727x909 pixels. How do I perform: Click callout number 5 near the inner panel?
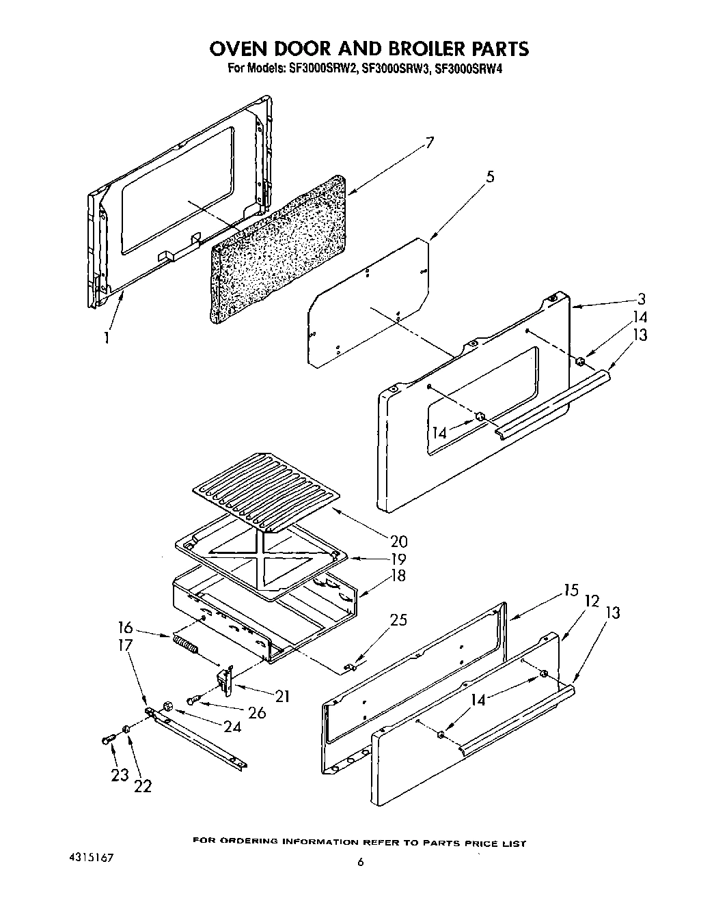[x=490, y=176]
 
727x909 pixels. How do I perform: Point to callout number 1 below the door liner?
[x=106, y=337]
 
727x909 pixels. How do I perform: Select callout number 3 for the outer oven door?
[x=641, y=298]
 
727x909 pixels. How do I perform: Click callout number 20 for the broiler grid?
[x=398, y=541]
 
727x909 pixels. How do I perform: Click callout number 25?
[x=398, y=619]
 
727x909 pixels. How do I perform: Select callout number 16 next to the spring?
[x=124, y=628]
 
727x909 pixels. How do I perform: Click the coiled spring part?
[x=184, y=644]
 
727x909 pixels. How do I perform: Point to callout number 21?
[x=281, y=696]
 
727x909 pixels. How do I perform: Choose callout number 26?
[x=256, y=712]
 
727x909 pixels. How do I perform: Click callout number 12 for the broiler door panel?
[x=592, y=601]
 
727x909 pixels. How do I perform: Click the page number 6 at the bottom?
[x=360, y=863]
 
